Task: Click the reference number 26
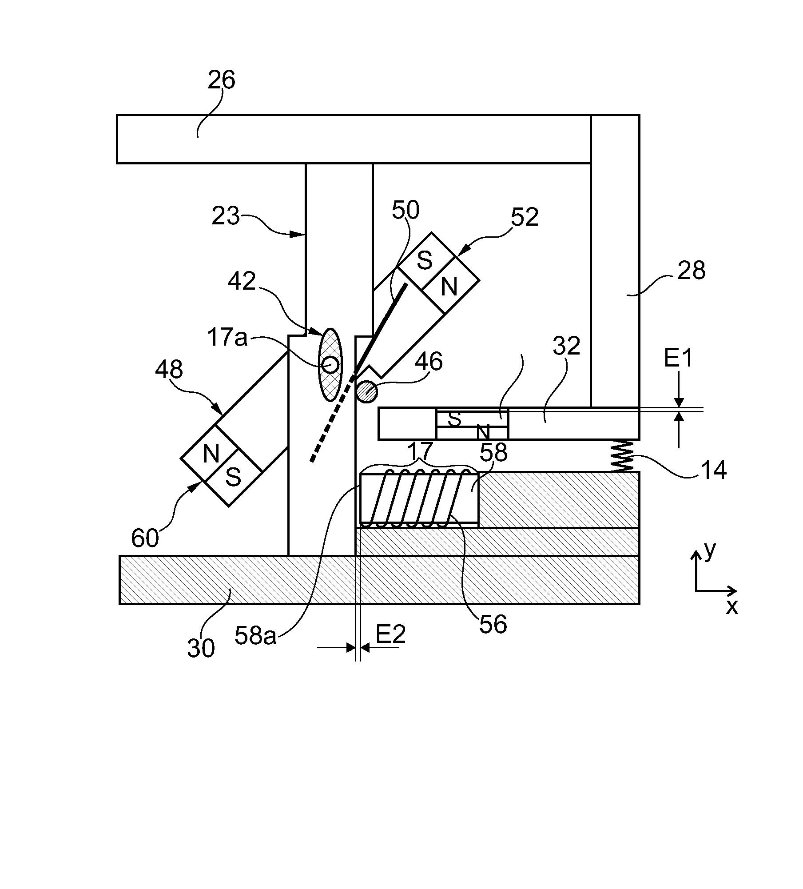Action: pos(221,80)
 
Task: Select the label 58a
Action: pos(255,636)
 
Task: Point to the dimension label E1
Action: pos(678,358)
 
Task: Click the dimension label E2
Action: pos(391,634)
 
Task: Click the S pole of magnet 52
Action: pos(425,261)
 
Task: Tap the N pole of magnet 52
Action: pos(449,287)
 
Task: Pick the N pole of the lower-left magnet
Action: pos(211,454)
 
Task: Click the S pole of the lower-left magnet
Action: pos(233,477)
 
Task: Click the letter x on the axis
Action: pos(732,606)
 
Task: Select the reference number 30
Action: pos(201,648)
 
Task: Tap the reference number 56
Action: pos(493,624)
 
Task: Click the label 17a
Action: pos(227,338)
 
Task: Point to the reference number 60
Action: pos(145,538)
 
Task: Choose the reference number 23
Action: pos(226,216)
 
